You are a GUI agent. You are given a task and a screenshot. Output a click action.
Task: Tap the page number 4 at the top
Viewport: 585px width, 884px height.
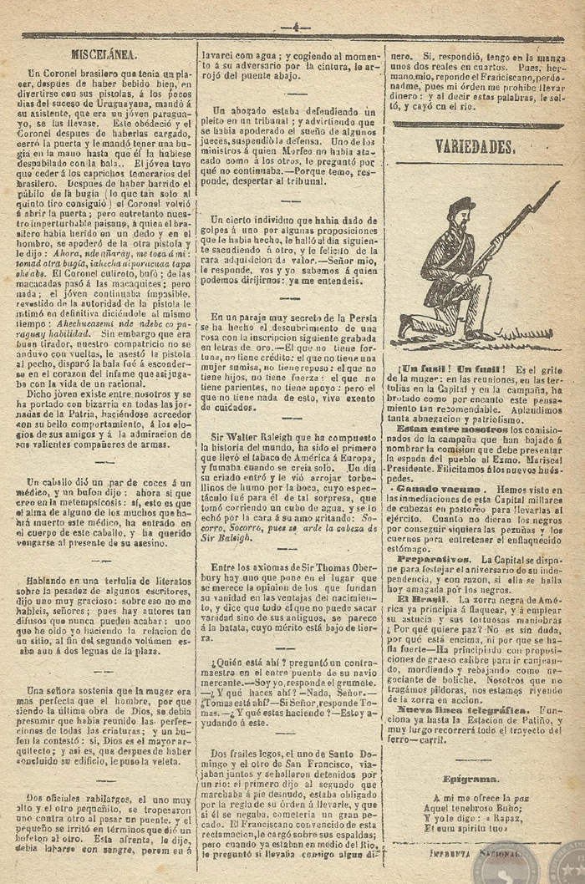[296, 28]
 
